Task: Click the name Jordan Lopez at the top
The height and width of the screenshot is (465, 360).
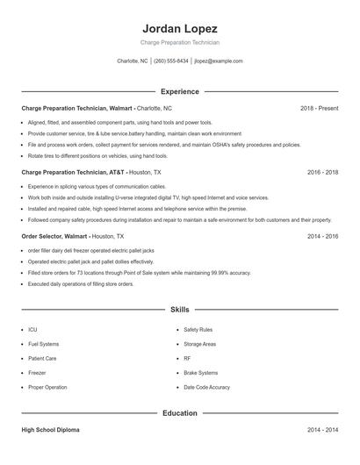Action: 180,28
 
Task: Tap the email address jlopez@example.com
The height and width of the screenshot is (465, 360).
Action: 219,61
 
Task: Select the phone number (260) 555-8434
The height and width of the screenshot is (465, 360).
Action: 171,61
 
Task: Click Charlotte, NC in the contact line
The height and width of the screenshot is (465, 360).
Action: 133,61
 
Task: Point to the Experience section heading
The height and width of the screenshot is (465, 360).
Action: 180,91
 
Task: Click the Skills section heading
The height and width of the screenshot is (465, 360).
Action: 180,310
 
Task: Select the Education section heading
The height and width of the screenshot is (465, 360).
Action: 180,412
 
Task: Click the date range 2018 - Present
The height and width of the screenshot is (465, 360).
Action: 319,108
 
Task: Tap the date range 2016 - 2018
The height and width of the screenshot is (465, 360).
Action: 322,173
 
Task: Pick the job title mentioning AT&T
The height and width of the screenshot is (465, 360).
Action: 75,173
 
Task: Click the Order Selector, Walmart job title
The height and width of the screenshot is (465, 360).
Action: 54,237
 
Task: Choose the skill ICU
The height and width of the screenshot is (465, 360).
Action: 32,330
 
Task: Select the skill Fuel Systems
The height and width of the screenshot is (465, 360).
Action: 43,344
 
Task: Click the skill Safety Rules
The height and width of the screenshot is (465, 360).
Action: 198,330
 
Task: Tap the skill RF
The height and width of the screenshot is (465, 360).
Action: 187,358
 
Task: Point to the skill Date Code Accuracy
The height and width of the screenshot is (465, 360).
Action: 206,387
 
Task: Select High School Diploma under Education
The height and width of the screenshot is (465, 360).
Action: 50,430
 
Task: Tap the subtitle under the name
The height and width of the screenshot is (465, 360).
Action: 180,42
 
